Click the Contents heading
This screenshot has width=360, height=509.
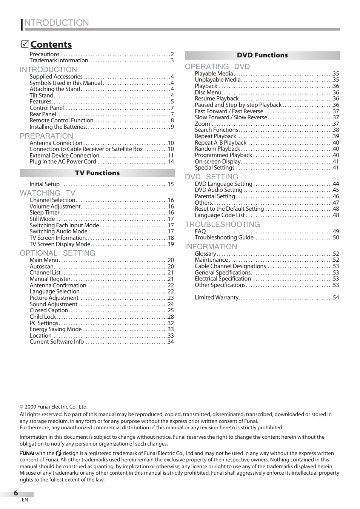point(51,45)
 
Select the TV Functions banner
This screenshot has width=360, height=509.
point(97,173)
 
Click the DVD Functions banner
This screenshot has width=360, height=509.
point(262,55)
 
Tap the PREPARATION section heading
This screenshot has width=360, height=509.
point(46,136)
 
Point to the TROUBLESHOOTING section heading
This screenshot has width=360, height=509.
point(222,224)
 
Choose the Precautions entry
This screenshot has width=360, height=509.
point(45,54)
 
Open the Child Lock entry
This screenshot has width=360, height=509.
point(43,317)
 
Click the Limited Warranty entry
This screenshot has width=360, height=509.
point(217,298)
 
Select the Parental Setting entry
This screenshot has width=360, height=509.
point(215,196)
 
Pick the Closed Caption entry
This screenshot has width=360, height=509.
point(49,310)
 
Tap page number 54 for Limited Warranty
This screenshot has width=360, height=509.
point(335,298)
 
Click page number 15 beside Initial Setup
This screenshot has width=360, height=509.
point(171,184)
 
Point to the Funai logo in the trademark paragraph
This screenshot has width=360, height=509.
point(27,453)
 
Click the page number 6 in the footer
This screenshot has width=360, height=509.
point(16,493)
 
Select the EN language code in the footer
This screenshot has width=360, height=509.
point(25,500)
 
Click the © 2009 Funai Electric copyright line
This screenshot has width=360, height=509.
point(54,407)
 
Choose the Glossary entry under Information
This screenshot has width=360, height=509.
point(205,254)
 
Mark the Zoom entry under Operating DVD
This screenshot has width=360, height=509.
point(202,124)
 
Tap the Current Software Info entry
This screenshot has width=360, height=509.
point(57,342)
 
